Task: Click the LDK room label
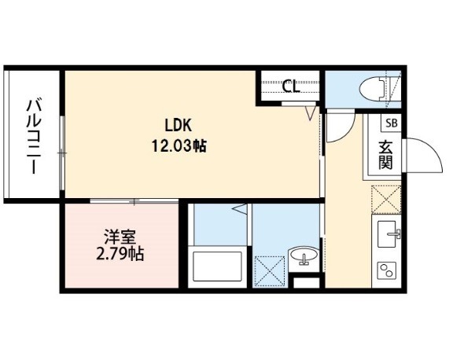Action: point(178,125)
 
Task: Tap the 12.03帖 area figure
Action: point(178,146)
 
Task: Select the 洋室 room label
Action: point(120,237)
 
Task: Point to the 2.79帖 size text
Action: point(120,253)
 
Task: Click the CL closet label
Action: point(291,86)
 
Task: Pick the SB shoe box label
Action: point(392,123)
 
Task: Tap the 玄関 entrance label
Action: point(385,155)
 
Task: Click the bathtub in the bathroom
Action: point(217,266)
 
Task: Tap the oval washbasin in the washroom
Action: point(304,254)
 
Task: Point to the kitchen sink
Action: point(389,233)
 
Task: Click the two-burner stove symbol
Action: point(387,270)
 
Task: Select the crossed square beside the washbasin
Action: point(270,270)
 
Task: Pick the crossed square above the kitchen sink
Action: point(386,200)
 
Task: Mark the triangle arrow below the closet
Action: point(311,113)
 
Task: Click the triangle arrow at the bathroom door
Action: point(239,209)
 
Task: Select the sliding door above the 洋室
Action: point(134,201)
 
